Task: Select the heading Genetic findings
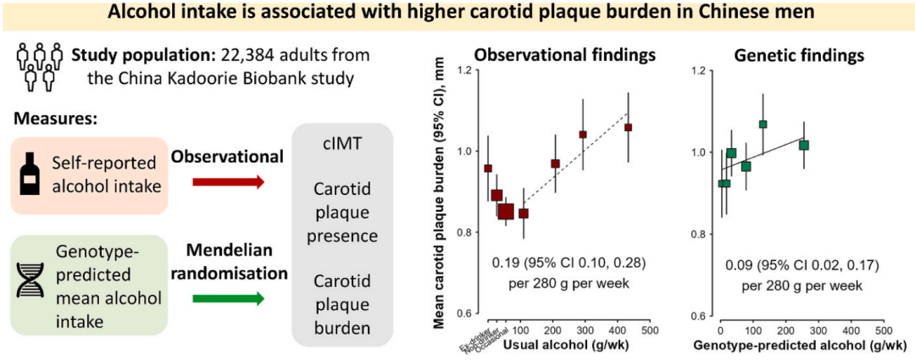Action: pyautogui.click(x=800, y=56)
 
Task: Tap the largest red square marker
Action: pyautogui.click(x=506, y=211)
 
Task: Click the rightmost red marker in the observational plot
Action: pyautogui.click(x=628, y=127)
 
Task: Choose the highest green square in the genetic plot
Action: pyautogui.click(x=762, y=125)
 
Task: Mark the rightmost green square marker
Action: pyautogui.click(x=804, y=145)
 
